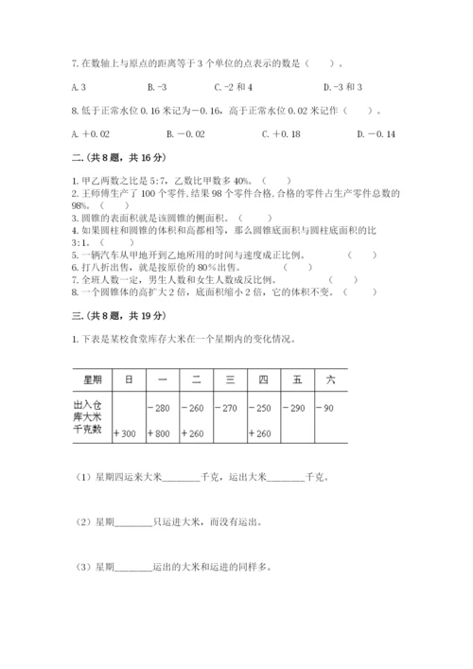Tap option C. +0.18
[x=279, y=134]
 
